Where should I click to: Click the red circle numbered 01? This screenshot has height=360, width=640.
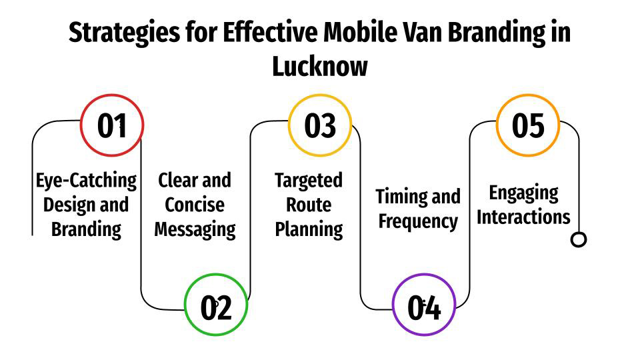(112, 125)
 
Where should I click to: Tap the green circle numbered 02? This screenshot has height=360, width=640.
(216, 307)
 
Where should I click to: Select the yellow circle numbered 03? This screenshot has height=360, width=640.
(320, 125)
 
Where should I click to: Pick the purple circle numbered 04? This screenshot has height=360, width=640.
(424, 307)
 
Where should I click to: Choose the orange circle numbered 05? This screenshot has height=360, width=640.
(528, 125)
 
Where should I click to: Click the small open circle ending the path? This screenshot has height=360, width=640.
(579, 239)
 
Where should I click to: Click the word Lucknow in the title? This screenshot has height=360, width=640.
(320, 67)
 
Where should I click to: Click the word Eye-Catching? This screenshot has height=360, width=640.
(86, 181)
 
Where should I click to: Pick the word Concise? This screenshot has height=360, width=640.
(195, 205)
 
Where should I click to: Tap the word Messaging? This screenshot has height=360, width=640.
(195, 229)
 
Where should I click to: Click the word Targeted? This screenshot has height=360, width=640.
(309, 181)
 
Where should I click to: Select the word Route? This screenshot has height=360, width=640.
(309, 205)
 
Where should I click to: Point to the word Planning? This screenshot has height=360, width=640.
(309, 229)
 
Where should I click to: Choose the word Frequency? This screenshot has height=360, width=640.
(418, 221)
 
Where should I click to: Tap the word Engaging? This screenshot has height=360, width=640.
(523, 193)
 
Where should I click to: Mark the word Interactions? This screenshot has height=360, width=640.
(523, 217)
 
